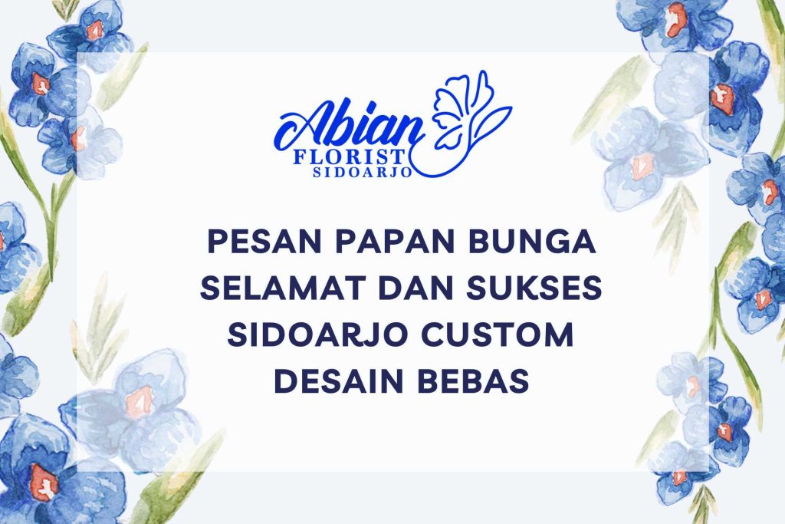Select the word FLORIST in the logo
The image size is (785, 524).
pos(349,157)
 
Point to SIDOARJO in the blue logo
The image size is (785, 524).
pos(363,173)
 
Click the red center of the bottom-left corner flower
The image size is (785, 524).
pos(44,482)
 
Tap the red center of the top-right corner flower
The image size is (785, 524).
pos(676,20)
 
